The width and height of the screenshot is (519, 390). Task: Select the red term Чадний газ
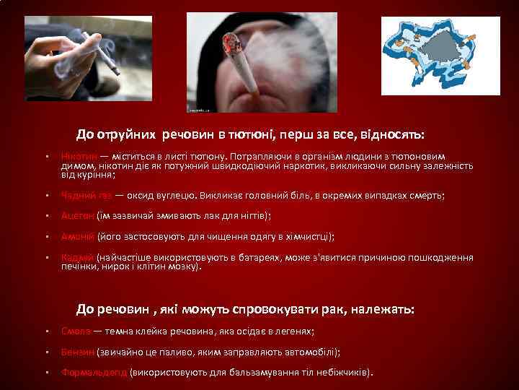[86, 196]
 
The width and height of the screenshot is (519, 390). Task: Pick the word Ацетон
[77, 216]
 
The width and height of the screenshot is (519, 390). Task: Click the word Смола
[76, 331]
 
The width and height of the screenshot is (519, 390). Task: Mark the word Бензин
[78, 352]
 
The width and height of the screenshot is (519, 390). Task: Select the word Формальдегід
[94, 373]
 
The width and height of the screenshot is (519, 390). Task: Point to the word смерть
[423, 196]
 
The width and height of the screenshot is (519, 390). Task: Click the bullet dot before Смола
[45, 331]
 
